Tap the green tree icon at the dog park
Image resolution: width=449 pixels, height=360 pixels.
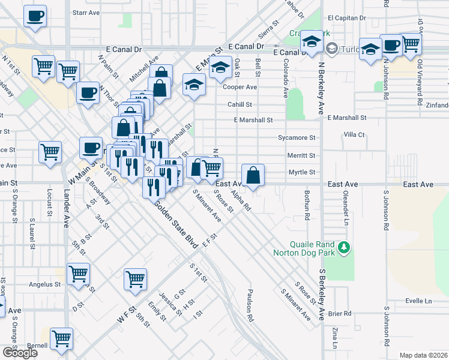[343, 247]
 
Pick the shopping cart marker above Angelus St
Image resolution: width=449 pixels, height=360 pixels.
[78, 274]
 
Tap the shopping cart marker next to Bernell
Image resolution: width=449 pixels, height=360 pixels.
[61, 339]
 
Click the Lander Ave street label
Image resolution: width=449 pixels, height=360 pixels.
[66, 209]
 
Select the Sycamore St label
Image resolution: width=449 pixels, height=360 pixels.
[297, 137]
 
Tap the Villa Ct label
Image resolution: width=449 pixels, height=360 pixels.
[354, 135]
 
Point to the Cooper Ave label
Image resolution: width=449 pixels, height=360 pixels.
[240, 87]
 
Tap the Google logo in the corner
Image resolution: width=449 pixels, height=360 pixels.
[20, 353]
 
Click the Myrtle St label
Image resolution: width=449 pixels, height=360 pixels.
[302, 172]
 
